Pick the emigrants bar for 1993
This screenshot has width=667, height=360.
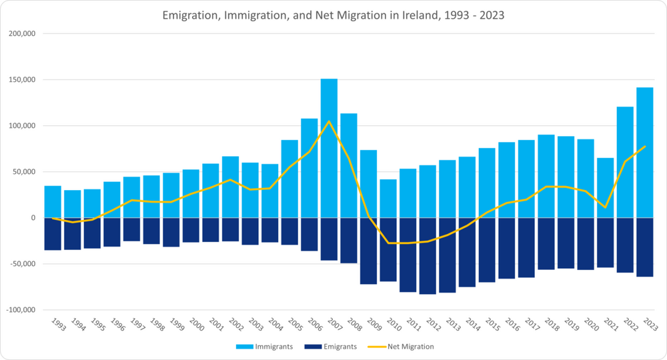coord(53,233)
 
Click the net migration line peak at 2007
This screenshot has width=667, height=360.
coord(329,121)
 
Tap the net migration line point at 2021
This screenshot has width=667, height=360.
coord(605,207)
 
